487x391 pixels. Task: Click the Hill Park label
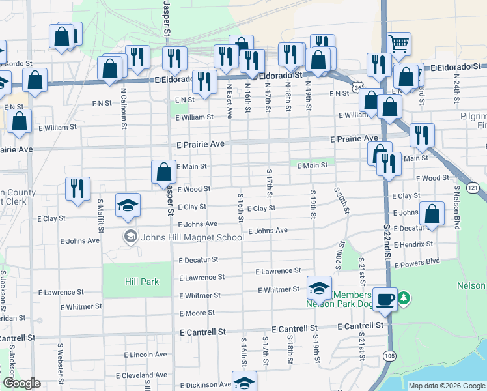coord(137,281)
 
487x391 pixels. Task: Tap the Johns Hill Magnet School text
coord(183,237)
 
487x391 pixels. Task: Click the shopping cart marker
coord(398,44)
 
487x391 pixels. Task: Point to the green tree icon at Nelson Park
coord(404,298)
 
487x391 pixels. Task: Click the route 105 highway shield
coord(389,355)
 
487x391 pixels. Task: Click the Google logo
coord(21,384)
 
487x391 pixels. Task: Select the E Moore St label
coord(196,313)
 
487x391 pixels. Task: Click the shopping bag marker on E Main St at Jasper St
coord(164,172)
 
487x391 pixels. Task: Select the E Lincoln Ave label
coord(146,355)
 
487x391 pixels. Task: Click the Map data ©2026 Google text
coord(446,386)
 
